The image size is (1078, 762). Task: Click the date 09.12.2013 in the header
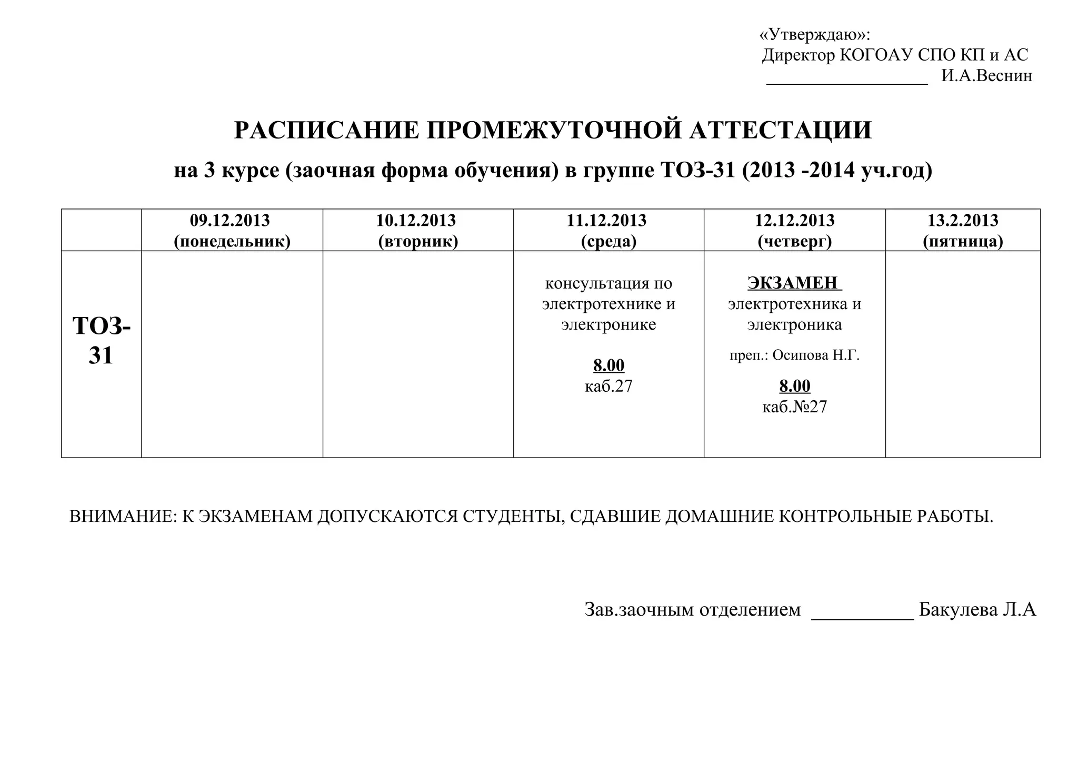pos(230,220)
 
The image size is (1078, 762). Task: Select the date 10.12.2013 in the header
pos(416,220)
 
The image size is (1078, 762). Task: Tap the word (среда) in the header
pos(608,241)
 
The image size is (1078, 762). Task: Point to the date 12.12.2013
pos(795,220)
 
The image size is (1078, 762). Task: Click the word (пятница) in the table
pos(963,241)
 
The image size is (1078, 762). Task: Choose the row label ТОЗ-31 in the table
pos(101,340)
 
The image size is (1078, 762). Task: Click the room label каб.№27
pos(795,407)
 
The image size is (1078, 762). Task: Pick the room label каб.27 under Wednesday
pos(608,386)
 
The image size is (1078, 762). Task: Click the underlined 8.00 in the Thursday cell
pos(795,386)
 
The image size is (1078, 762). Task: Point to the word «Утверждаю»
pos(813,35)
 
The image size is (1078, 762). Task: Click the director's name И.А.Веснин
pos(986,76)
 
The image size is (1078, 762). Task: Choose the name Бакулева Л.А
pos(977,610)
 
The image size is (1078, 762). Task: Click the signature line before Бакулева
pos(862,617)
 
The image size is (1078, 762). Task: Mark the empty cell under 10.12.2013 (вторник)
pos(418,354)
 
